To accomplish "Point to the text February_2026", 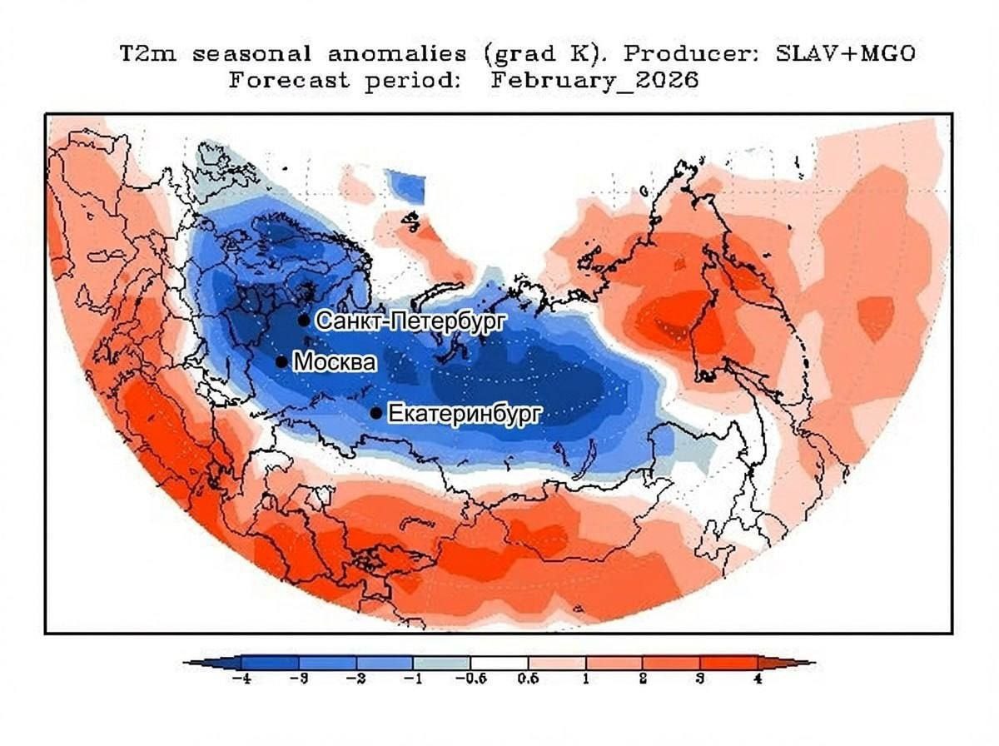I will pos(594,81).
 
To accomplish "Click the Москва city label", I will pos(335,363).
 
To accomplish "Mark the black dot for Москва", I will pos(281,362).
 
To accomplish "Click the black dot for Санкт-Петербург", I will pos(304,321).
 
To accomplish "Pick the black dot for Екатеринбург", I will pos(376,413).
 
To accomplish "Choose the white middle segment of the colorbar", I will pos(499,663).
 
